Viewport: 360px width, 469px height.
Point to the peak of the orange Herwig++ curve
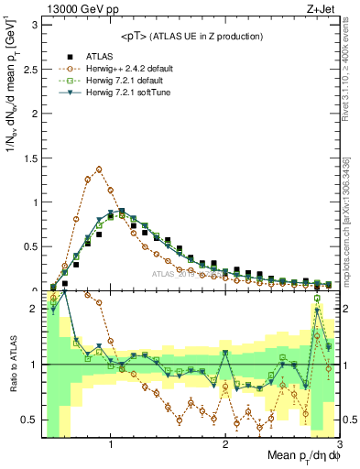tap(99, 169)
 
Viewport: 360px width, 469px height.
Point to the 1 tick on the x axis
tap(111, 443)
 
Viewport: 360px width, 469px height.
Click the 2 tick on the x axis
tap(225, 443)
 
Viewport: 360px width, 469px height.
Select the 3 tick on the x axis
tap(338, 443)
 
